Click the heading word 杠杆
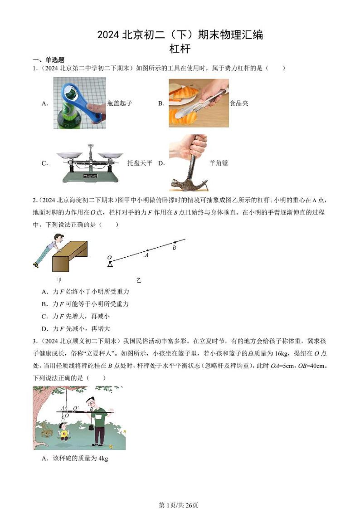pyautogui.click(x=180, y=49)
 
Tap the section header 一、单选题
pyautogui.click(x=48, y=60)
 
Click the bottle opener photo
pyautogui.click(x=79, y=103)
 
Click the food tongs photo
pyautogui.click(x=199, y=103)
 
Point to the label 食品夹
pyautogui.click(x=239, y=103)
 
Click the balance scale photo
pyautogui.click(x=89, y=163)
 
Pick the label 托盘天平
pyautogui.click(x=140, y=163)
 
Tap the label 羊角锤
pyautogui.click(x=219, y=163)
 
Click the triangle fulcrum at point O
pyautogui.click(x=110, y=264)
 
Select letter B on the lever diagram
pyautogui.click(x=174, y=248)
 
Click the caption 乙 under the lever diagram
pyautogui.click(x=139, y=280)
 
